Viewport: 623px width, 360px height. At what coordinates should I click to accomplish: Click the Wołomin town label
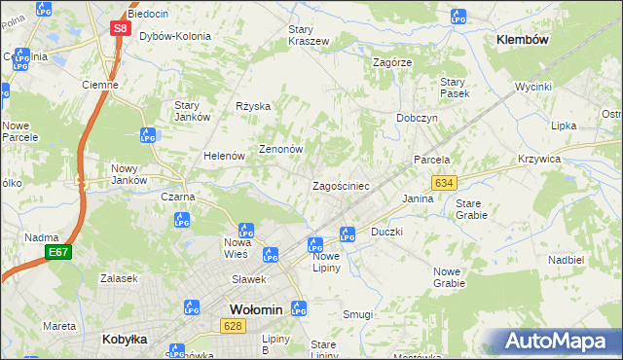[255, 309]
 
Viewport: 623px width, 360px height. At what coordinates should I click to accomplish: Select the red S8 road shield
[119, 28]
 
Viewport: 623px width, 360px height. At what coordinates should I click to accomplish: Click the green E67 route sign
[57, 252]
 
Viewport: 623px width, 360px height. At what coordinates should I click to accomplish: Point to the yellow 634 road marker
[444, 183]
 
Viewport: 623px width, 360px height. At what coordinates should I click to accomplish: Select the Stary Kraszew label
[309, 36]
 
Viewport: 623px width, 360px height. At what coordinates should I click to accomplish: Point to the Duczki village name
[386, 233]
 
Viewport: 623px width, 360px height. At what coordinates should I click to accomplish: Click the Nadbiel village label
[566, 260]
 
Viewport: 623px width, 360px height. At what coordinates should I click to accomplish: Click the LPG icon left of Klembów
[458, 16]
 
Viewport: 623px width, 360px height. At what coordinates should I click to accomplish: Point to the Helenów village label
[223, 156]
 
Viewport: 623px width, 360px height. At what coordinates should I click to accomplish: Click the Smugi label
[357, 314]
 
